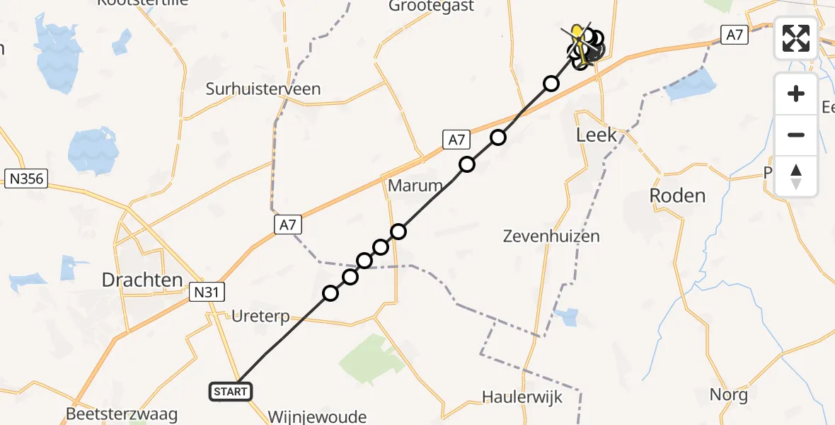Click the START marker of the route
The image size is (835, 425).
[230, 391]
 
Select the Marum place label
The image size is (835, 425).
[415, 186]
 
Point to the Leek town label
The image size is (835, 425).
[597, 135]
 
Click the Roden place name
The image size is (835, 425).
[677, 195]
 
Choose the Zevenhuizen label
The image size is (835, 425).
[551, 236]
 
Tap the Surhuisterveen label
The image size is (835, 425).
[263, 89]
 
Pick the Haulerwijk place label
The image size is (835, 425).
[522, 397]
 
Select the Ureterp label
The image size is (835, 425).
[260, 316]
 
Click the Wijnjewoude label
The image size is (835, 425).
[317, 416]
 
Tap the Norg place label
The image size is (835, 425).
[729, 395]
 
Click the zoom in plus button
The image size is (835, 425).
[796, 93]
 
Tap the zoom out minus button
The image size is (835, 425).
[796, 135]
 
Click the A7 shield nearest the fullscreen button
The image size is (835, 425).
[734, 34]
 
